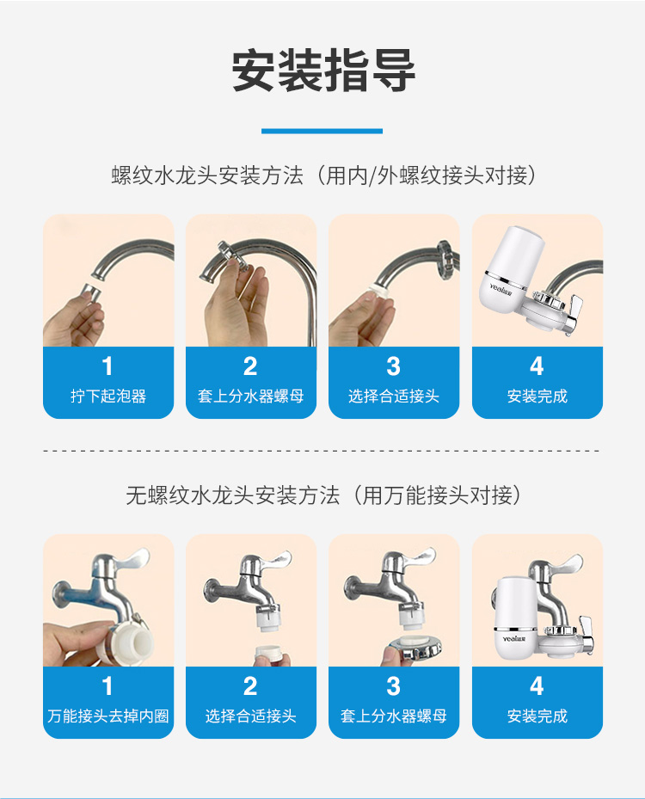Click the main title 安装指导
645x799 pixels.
323,71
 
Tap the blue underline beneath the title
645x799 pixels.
322,131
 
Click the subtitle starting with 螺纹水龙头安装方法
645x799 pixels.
324,175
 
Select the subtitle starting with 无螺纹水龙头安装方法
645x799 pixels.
324,495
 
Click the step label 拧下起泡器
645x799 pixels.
108,396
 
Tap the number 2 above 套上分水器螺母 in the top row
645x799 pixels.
250,366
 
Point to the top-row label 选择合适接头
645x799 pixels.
394,396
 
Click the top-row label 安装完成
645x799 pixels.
537,396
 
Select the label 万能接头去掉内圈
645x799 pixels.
108,716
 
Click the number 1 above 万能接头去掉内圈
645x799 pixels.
107,685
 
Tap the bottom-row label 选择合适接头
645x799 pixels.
250,716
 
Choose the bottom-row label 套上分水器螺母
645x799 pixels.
394,716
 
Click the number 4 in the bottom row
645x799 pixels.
537,685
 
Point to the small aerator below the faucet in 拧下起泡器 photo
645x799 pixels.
90,294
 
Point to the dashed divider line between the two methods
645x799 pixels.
322,451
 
